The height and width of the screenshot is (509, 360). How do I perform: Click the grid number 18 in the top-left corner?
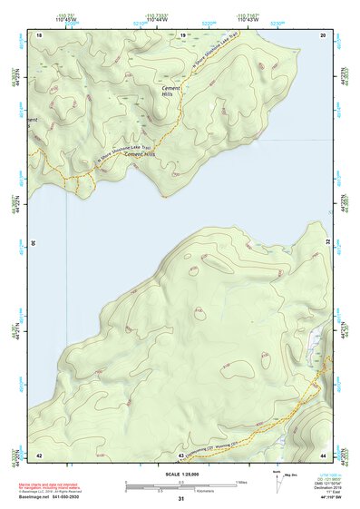click(39, 34)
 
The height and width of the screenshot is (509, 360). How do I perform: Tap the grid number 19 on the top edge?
click(182, 34)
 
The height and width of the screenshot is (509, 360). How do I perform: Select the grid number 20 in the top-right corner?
click(323, 34)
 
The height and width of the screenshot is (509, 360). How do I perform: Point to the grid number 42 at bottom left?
click(39, 454)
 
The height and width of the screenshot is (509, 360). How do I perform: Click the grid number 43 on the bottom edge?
click(181, 454)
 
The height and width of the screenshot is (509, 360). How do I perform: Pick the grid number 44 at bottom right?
click(323, 454)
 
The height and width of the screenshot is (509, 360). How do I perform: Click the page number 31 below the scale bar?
click(181, 499)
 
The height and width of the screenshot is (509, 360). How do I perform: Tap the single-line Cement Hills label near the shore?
click(132, 154)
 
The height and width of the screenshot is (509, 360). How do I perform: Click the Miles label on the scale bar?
click(242, 480)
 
